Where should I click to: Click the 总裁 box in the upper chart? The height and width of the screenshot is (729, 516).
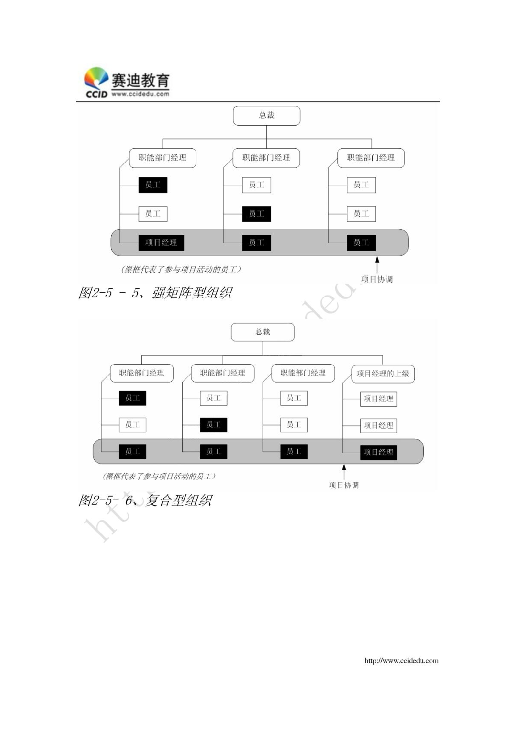266,116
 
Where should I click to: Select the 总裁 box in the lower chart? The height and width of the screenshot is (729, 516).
263,332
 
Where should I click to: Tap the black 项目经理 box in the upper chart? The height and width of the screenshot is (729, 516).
161,243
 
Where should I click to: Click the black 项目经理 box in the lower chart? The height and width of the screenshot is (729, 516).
378,452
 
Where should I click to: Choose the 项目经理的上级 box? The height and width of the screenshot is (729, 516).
383,374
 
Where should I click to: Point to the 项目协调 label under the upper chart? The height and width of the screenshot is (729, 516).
377,279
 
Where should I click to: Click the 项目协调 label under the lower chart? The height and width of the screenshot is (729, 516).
344,485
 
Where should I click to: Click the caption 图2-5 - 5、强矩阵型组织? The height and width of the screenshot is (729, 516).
155,293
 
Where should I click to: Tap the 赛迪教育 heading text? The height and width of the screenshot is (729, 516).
140,81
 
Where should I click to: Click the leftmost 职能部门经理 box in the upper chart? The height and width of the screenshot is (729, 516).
163,158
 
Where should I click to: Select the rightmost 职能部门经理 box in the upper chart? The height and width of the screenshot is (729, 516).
371,158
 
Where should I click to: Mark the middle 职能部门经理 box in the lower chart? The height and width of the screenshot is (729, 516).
222,373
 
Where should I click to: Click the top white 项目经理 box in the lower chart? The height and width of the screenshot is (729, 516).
378,398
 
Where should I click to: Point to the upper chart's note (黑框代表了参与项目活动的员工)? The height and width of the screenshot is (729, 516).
181,269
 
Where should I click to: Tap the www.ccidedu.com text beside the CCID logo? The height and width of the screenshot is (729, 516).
140,94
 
